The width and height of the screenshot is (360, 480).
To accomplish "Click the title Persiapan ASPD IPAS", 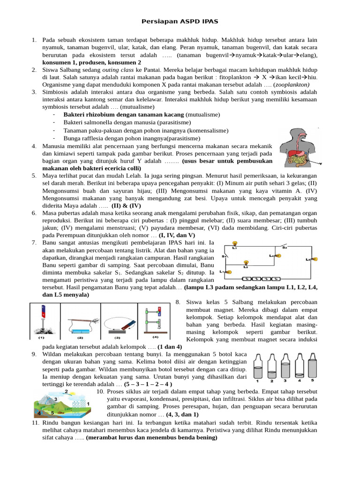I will click(180, 22).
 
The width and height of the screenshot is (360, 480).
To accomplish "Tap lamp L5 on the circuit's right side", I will click(315, 259).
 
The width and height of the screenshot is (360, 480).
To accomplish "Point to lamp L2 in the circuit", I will click(246, 263).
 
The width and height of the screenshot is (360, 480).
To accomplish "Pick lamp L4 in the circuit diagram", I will click(278, 255).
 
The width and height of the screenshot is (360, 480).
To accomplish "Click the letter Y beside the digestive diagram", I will click(320, 165).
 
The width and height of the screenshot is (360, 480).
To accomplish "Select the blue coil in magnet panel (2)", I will click(79, 323).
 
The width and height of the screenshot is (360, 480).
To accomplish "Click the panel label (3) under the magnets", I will click(119, 336).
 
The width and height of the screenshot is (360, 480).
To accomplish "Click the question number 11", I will click(34, 423).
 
